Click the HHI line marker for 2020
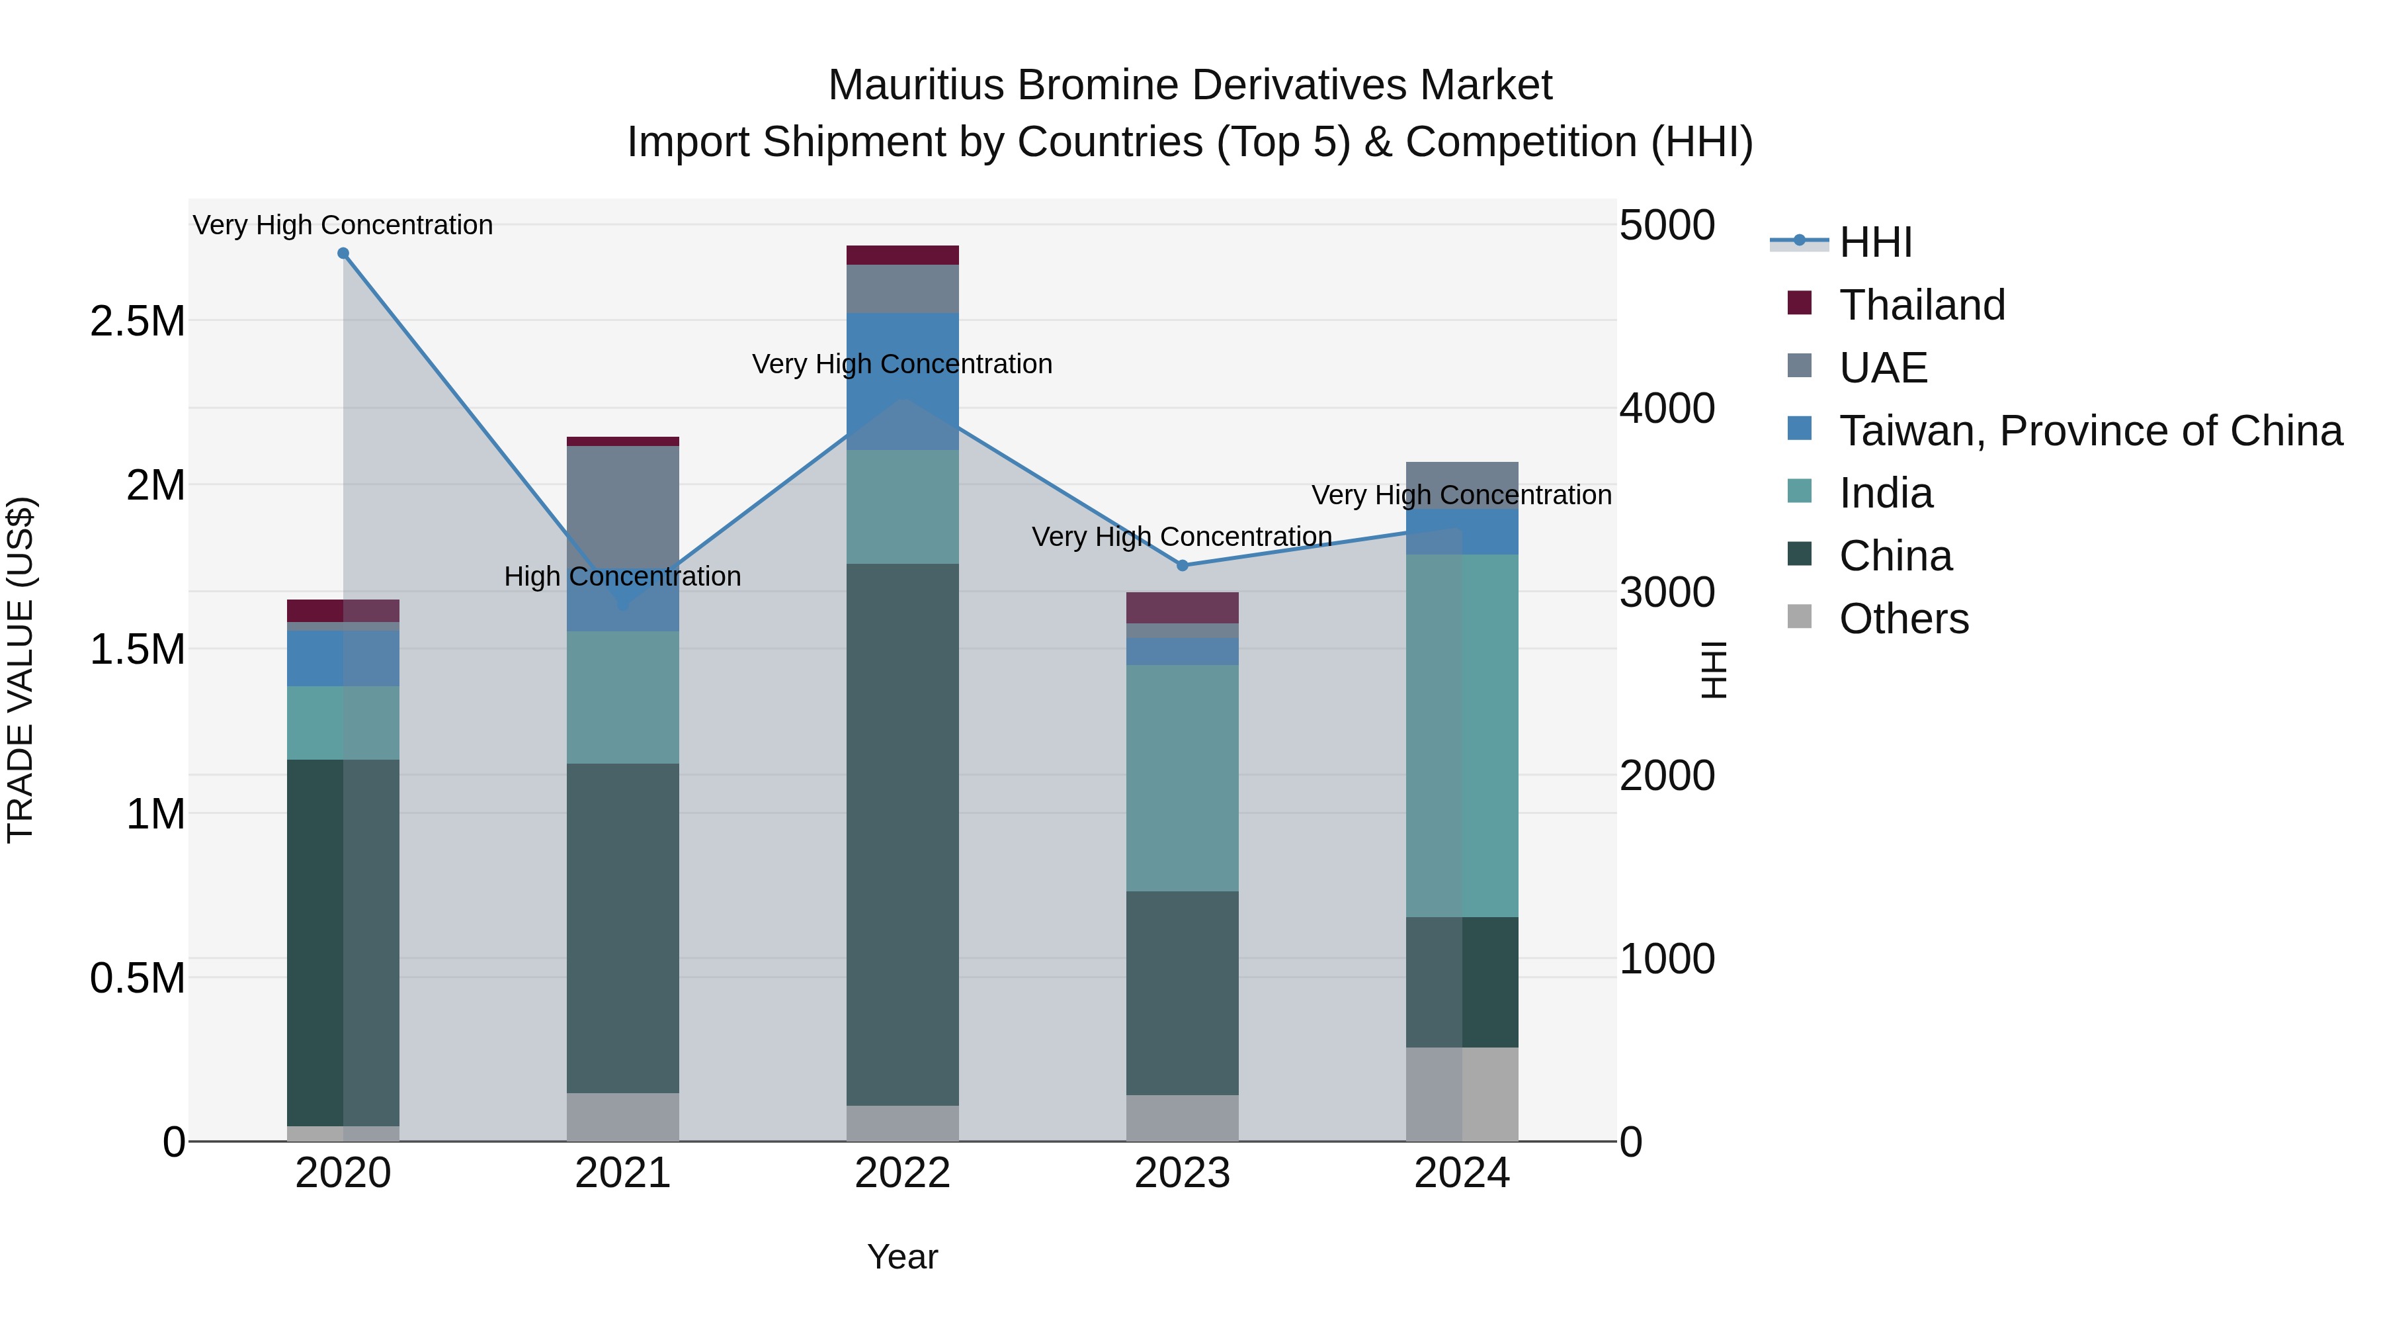pyautogui.click(x=343, y=253)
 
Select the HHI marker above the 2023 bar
pyautogui.click(x=1182, y=565)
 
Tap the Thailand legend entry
pyautogui.click(x=1921, y=305)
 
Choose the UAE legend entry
pyautogui.click(x=1883, y=368)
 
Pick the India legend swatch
pyautogui.click(x=1800, y=491)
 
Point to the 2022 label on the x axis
pyautogui.click(x=902, y=1173)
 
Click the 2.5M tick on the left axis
pyautogui.click(x=138, y=322)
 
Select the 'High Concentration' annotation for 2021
pyautogui.click(x=622, y=577)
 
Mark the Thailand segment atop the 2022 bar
pyautogui.click(x=902, y=255)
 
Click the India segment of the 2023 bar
pyautogui.click(x=1182, y=778)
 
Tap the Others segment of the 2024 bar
pyautogui.click(x=1461, y=1094)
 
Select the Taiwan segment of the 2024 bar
pyautogui.click(x=1461, y=533)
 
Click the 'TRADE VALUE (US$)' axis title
pyautogui.click(x=21, y=670)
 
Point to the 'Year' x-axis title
pyautogui.click(x=902, y=1257)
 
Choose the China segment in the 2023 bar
pyautogui.click(x=1182, y=993)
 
